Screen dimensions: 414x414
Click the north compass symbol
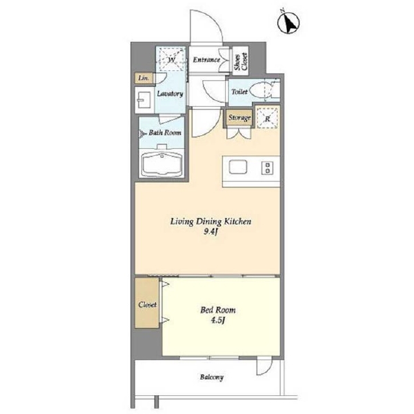(288, 23)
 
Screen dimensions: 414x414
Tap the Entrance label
(206, 59)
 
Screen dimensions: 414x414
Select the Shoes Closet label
(241, 61)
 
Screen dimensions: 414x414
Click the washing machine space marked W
(171, 59)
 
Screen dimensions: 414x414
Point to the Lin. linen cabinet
(144, 78)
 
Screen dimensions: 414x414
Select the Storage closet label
(239, 117)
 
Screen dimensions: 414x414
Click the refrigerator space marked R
(268, 117)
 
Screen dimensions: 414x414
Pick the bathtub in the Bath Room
(162, 163)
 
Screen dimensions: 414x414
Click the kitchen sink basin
(238, 167)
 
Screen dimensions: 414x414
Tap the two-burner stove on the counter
(267, 168)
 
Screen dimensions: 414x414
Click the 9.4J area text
(210, 232)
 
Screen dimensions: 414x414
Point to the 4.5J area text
(218, 321)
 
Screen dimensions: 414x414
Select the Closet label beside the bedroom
(148, 304)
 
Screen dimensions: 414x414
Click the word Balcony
(212, 377)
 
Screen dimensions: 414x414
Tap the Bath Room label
(165, 132)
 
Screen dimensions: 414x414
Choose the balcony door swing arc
(268, 369)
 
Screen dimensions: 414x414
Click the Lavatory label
(170, 93)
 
